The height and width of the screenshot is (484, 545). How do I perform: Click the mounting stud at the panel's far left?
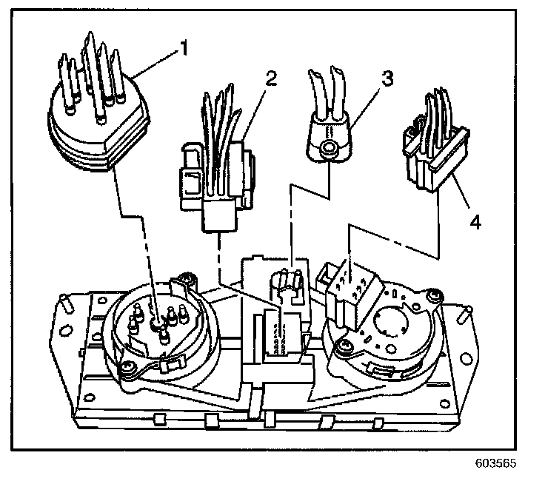pos(65,302)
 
